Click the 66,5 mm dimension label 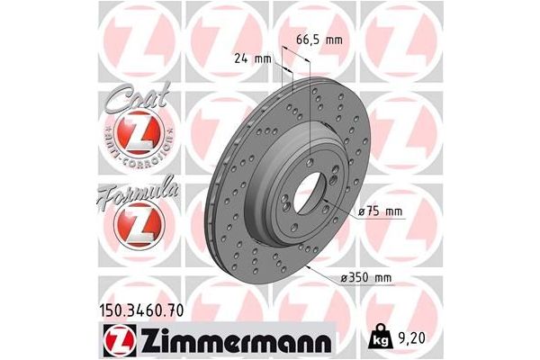(319, 40)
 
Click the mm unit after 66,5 (335, 40)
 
